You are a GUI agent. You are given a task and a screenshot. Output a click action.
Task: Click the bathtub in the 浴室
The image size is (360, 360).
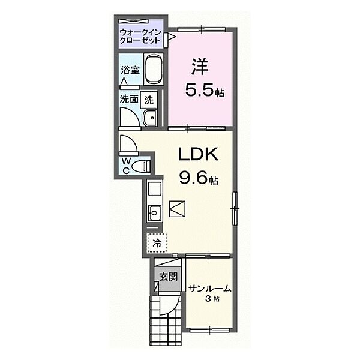pyautogui.click(x=154, y=70)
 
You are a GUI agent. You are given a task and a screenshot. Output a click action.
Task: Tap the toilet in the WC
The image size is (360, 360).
pyautogui.click(x=141, y=166)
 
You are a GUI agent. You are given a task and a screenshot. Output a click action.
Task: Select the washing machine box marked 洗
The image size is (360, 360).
pyautogui.click(x=149, y=100)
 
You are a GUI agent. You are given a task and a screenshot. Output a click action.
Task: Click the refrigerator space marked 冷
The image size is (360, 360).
pyautogui.click(x=157, y=243)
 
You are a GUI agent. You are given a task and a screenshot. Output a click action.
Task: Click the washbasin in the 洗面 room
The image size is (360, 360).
pyautogui.click(x=150, y=118)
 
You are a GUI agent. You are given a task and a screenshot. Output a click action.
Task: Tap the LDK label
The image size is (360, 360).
pyautogui.click(x=198, y=154)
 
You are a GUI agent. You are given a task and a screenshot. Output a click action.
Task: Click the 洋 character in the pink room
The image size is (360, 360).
pyautogui.click(x=199, y=67)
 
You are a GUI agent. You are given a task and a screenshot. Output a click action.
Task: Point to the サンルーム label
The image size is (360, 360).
pyautogui.click(x=209, y=289)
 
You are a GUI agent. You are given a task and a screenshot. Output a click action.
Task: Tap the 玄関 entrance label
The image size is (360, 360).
pyautogui.click(x=169, y=277)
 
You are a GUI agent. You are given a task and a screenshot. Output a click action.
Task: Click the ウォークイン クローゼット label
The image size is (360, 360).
pyautogui.click(x=140, y=36)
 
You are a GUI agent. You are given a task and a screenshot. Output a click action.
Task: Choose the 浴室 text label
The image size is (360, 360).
pyautogui.click(x=130, y=70)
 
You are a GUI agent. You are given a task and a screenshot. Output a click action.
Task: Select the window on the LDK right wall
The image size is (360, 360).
pyautogui.click(x=235, y=208)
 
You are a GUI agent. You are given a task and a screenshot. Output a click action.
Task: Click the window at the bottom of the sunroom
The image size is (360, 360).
pyautogui.click(x=209, y=330)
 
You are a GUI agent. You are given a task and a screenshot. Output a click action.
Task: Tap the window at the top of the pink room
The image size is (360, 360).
pyautogui.click(x=202, y=29)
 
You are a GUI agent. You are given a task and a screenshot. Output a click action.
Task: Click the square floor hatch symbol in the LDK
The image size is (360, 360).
pyautogui.click(x=177, y=209)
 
